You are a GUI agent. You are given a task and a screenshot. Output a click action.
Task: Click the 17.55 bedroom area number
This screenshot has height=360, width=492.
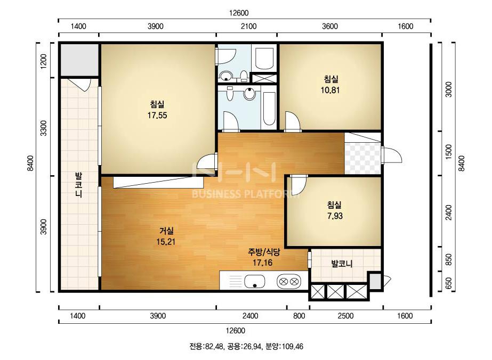point(157,116)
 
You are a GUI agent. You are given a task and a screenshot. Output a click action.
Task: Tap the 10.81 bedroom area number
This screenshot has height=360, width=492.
point(330,91)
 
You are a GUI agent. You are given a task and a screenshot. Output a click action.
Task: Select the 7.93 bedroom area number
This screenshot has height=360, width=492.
point(335,216)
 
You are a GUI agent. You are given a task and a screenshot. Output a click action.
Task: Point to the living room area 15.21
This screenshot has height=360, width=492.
point(166,242)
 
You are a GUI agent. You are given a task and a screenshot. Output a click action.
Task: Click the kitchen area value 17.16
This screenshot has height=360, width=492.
point(263,263)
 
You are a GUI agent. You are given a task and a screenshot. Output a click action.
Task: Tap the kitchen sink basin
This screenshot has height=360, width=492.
point(255,281)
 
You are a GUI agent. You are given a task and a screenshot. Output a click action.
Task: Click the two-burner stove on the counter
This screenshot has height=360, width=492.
point(289,281)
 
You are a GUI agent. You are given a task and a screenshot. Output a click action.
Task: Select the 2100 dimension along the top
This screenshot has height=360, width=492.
point(249,26)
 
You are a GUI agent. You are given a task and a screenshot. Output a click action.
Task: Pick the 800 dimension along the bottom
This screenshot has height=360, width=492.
point(299,316)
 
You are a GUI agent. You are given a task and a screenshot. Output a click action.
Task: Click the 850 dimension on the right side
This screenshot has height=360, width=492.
point(449,260)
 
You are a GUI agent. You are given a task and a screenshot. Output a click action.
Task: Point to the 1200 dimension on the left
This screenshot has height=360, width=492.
point(44,61)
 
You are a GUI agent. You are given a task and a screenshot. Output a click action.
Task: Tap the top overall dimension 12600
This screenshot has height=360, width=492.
point(239,13)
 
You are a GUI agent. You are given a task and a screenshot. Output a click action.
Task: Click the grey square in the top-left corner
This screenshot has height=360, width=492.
point(79,60)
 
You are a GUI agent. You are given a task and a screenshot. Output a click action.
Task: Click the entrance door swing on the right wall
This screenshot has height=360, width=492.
point(392,154)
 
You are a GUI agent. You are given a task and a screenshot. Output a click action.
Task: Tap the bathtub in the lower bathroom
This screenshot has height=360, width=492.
point(269,108)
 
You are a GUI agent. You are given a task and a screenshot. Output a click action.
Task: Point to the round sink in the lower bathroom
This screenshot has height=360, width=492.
point(249,93)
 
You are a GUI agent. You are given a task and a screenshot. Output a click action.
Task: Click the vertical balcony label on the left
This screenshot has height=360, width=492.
point(78,185)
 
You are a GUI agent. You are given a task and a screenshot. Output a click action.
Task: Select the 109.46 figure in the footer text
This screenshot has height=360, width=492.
point(293,347)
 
